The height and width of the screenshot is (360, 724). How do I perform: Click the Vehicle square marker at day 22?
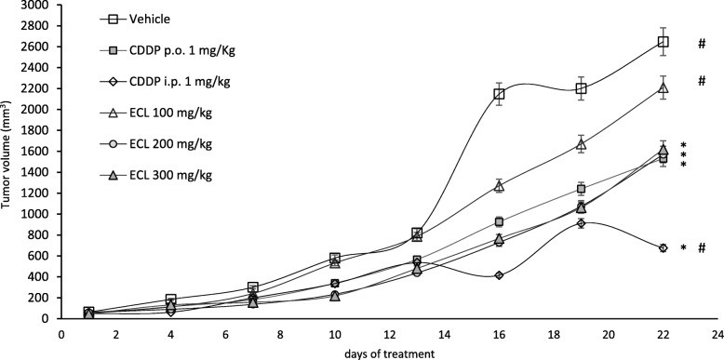click(x=663, y=42)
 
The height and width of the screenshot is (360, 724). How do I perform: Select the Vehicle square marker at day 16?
click(x=499, y=94)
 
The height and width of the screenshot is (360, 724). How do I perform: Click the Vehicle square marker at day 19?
click(x=581, y=88)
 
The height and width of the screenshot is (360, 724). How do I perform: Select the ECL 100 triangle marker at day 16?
click(x=499, y=185)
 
